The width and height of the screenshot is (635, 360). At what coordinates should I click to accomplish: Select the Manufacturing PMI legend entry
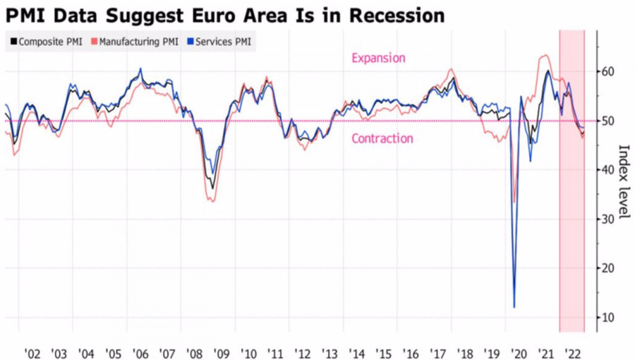[x=135, y=42]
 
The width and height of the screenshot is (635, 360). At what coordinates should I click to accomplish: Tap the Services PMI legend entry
[x=219, y=42]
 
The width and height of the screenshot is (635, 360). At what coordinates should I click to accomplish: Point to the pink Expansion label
[x=378, y=58]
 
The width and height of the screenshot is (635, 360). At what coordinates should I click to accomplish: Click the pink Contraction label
[x=382, y=138]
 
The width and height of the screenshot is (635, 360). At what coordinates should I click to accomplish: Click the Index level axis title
[x=623, y=182]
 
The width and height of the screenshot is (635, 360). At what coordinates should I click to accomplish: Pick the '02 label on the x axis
[x=32, y=352]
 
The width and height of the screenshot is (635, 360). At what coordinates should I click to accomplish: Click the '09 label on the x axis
[x=222, y=352]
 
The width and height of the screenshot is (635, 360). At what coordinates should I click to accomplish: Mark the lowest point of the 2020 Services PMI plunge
[x=514, y=307]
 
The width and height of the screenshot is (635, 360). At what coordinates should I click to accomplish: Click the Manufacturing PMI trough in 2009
[x=212, y=201]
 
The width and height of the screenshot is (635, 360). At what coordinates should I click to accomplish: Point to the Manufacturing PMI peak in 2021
[x=545, y=56]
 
